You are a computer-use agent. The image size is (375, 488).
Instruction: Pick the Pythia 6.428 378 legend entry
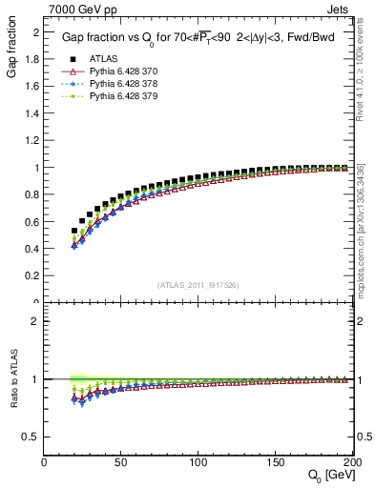coord(120,83)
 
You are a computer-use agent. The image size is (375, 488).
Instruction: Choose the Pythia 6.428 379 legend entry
coord(120,96)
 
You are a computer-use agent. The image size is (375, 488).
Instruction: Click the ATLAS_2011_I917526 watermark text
coord(198,284)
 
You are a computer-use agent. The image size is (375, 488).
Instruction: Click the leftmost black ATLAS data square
coord(74,231)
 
